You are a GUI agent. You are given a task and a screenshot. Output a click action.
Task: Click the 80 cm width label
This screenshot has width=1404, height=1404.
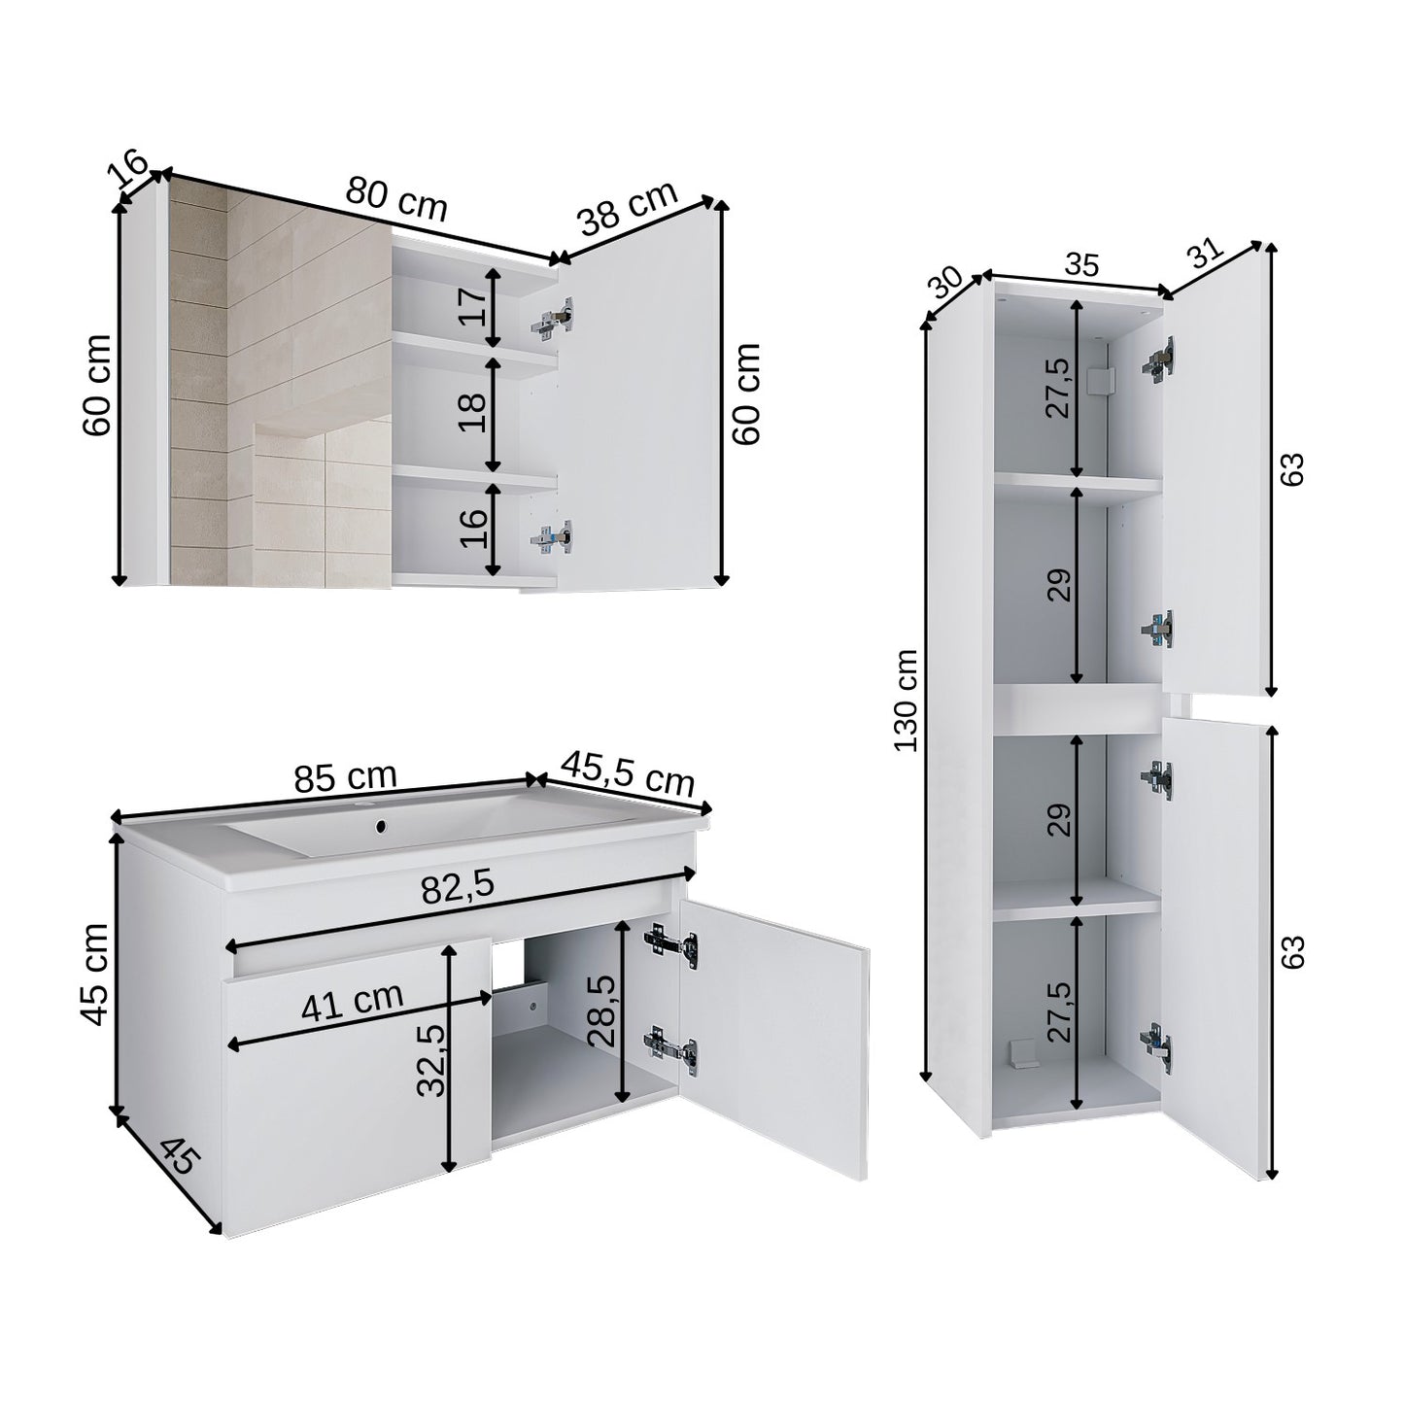click(x=395, y=199)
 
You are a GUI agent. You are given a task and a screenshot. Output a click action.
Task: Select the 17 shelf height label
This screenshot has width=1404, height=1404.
click(x=472, y=306)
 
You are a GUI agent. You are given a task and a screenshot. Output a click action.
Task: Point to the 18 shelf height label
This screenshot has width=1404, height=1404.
click(x=472, y=412)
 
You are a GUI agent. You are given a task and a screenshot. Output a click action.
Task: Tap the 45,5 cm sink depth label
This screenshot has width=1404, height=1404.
click(x=628, y=773)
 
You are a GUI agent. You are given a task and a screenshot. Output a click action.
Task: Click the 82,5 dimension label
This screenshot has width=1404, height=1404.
click(x=458, y=887)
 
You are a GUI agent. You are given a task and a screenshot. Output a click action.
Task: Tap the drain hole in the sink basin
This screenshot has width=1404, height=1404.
click(x=380, y=826)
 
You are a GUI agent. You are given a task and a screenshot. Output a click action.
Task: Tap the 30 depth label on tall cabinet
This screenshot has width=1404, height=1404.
click(x=946, y=284)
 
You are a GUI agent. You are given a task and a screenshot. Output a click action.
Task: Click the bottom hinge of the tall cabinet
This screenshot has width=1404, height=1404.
click(x=1156, y=1046)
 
